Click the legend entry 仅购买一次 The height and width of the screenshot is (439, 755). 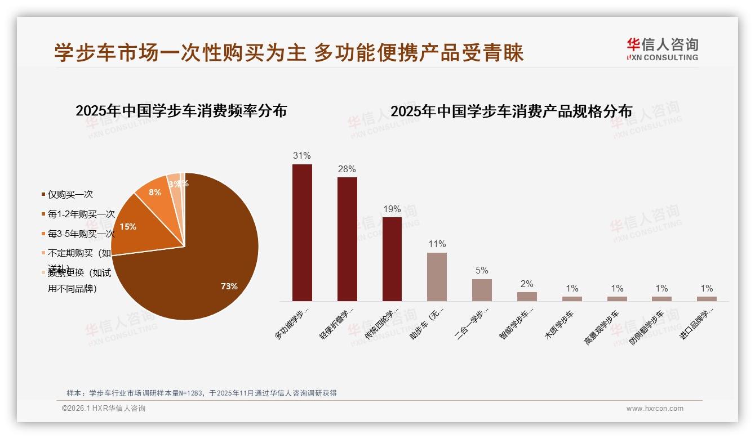tap(70, 195)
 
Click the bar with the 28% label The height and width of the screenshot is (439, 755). tap(347, 239)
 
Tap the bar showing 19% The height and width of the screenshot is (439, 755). tap(392, 259)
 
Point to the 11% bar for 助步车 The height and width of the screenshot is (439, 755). tap(437, 276)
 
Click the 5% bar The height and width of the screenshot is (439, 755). tap(482, 290)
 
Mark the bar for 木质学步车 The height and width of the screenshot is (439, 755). tap(572, 299)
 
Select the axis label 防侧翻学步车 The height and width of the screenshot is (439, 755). tap(647, 327)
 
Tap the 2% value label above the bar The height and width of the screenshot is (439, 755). tap(527, 284)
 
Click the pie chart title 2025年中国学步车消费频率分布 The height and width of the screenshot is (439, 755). tap(181, 110)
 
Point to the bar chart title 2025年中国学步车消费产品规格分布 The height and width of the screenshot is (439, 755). tap(511, 111)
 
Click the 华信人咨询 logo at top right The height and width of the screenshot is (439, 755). tap(662, 49)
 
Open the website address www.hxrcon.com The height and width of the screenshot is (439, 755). tap(655, 409)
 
